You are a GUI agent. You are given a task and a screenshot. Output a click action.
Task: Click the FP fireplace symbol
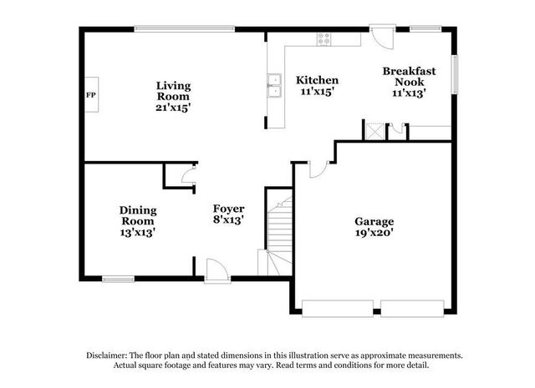90,94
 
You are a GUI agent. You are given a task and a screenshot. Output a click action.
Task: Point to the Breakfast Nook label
409,82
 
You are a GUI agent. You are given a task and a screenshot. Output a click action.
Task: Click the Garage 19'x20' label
374,227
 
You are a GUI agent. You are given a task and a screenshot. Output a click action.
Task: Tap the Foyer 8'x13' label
228,214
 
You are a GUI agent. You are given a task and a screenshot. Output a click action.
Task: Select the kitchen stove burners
323,38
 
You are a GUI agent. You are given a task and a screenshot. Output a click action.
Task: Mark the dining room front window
118,279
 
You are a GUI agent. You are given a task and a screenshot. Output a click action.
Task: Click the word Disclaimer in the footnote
106,355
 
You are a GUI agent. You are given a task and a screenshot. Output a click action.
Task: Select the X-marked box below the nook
373,130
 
